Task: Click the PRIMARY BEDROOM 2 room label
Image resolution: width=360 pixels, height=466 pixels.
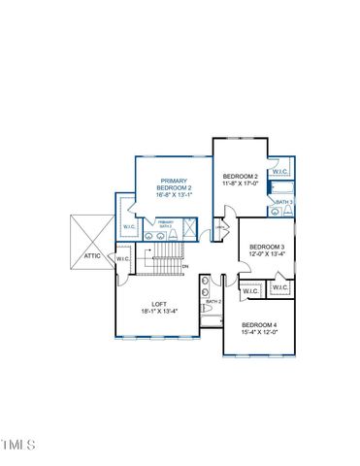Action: (175, 183)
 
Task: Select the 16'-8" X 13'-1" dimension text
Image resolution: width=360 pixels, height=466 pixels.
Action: (175, 199)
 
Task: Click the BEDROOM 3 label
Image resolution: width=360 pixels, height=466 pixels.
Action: (267, 248)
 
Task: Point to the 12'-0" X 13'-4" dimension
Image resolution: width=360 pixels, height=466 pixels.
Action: (267, 255)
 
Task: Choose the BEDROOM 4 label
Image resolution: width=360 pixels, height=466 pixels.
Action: (260, 324)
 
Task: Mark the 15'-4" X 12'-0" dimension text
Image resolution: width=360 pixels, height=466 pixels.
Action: (260, 332)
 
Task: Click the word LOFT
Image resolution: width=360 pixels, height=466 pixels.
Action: (157, 304)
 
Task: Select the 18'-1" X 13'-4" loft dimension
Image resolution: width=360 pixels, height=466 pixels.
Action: (157, 312)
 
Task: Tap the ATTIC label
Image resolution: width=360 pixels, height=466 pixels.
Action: (92, 256)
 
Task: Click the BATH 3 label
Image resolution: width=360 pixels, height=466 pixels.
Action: (284, 202)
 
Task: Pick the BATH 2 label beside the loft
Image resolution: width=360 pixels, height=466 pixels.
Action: (213, 302)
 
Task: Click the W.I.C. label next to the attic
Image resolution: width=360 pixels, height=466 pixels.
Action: (123, 258)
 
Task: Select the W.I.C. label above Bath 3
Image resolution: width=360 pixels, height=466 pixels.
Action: (280, 171)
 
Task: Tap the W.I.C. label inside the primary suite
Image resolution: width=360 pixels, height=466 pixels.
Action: (129, 226)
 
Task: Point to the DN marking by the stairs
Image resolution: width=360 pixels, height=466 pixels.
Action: (184, 267)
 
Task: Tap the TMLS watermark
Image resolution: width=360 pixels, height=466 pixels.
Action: (18, 445)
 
